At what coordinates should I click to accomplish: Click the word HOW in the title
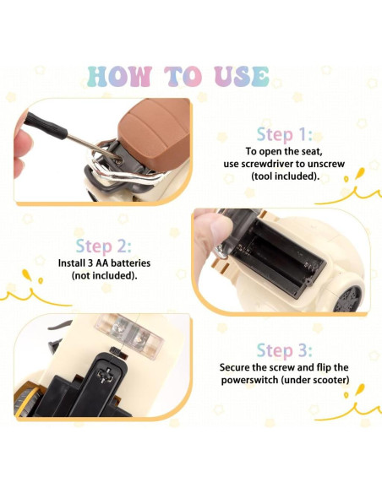click(x=118, y=76)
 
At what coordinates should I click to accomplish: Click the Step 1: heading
click(x=285, y=134)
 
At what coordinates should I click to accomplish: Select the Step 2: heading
click(x=103, y=246)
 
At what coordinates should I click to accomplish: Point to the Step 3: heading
click(x=285, y=350)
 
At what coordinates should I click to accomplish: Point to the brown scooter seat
click(x=154, y=134)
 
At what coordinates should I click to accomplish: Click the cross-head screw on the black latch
click(x=105, y=374)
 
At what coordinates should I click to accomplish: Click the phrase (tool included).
click(x=285, y=176)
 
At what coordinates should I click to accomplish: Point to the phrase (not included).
click(x=104, y=276)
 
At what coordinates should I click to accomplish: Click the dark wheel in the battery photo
click(x=347, y=299)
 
